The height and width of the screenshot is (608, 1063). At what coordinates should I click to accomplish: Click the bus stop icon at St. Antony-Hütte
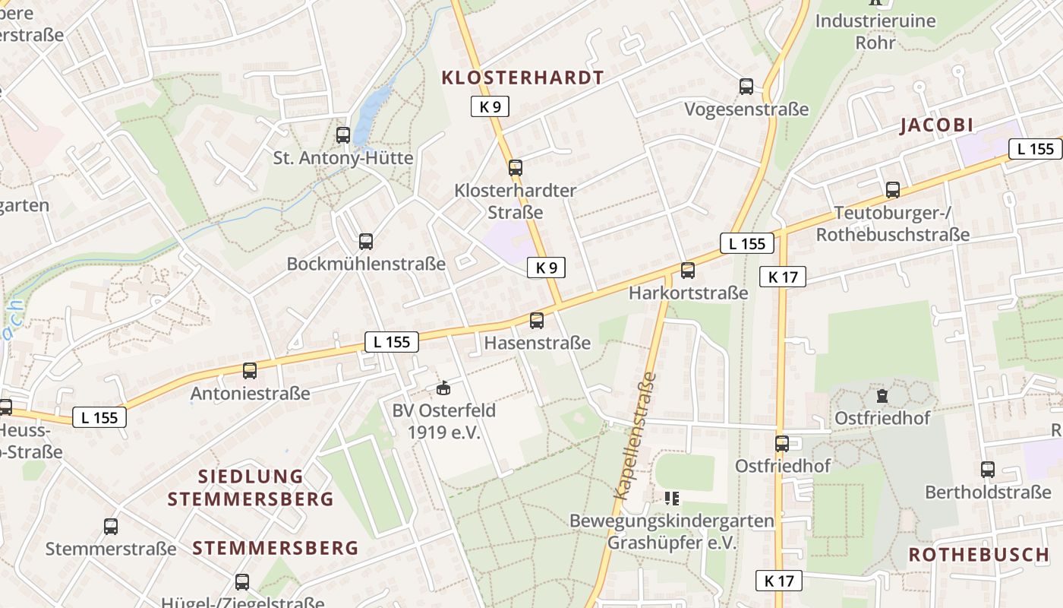tap(343, 135)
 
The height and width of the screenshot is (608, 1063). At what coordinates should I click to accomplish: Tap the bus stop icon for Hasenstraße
tap(537, 321)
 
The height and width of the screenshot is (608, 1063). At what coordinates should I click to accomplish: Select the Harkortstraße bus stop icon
tap(688, 270)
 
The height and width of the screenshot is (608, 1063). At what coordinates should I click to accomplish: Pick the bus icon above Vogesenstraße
tap(746, 87)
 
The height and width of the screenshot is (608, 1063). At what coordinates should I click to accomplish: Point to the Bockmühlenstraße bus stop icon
tap(366, 242)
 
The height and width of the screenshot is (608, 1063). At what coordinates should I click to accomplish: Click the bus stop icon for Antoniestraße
tap(250, 371)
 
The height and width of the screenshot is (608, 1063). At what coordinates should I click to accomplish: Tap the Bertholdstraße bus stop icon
tap(988, 470)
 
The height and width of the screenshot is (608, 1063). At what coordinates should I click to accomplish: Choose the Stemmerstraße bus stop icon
tap(111, 526)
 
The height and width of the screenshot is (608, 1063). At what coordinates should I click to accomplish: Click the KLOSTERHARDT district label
tap(522, 78)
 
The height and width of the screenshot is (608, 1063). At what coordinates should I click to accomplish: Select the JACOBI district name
tap(936, 126)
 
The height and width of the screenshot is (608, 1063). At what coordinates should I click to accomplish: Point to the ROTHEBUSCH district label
tap(979, 555)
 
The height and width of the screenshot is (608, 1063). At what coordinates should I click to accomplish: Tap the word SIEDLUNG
tap(251, 477)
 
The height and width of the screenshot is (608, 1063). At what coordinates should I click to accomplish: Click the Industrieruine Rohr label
tap(875, 31)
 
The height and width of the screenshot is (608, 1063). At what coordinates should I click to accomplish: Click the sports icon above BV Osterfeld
tap(443, 388)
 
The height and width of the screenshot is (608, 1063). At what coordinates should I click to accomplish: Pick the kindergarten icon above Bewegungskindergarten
tap(672, 499)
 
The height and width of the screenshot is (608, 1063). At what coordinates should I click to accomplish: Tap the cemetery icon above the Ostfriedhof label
tap(882, 396)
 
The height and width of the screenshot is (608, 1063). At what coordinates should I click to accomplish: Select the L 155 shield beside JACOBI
tap(1035, 149)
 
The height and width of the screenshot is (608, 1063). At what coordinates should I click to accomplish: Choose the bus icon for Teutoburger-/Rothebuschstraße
tap(893, 190)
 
